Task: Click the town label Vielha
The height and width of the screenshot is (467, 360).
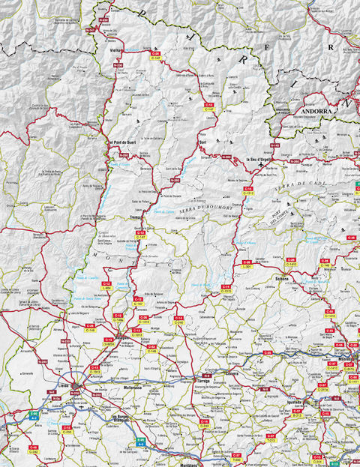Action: pyautogui.click(x=116, y=51)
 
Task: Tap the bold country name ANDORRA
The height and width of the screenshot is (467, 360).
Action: pyautogui.click(x=315, y=111)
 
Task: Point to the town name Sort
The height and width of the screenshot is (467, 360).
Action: pyautogui.click(x=202, y=141)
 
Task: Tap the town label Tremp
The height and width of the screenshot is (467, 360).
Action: pyautogui.click(x=137, y=218)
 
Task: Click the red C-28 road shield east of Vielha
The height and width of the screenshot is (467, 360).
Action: pyautogui.click(x=155, y=53)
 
